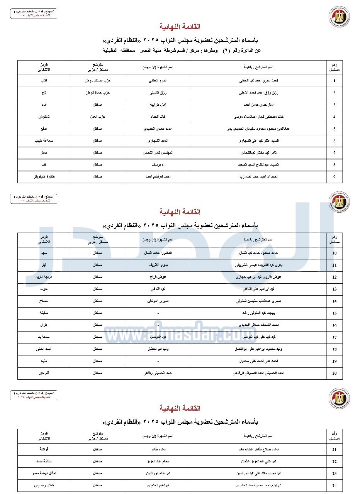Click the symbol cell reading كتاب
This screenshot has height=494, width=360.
(x=44, y=81)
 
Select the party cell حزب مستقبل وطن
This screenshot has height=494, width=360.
(x=98, y=81)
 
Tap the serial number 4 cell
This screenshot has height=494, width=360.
(x=334, y=117)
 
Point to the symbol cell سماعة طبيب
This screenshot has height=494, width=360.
(x=44, y=141)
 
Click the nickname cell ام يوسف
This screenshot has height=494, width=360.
(x=158, y=165)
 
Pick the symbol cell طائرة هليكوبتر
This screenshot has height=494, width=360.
(x=44, y=177)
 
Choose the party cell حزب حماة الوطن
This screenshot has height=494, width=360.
(x=98, y=93)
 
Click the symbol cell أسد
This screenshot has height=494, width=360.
(x=44, y=105)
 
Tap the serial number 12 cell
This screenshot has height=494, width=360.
(x=334, y=277)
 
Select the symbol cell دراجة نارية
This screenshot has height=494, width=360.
(x=44, y=277)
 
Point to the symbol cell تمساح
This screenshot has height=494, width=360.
(x=44, y=301)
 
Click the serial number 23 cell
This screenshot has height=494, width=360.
(x=334, y=474)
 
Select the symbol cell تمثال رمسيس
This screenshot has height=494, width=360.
(x=44, y=486)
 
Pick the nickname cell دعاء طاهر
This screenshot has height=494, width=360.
(x=158, y=450)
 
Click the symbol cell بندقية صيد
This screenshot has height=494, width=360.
(x=44, y=462)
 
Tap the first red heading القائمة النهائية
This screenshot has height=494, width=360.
(x=180, y=27)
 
